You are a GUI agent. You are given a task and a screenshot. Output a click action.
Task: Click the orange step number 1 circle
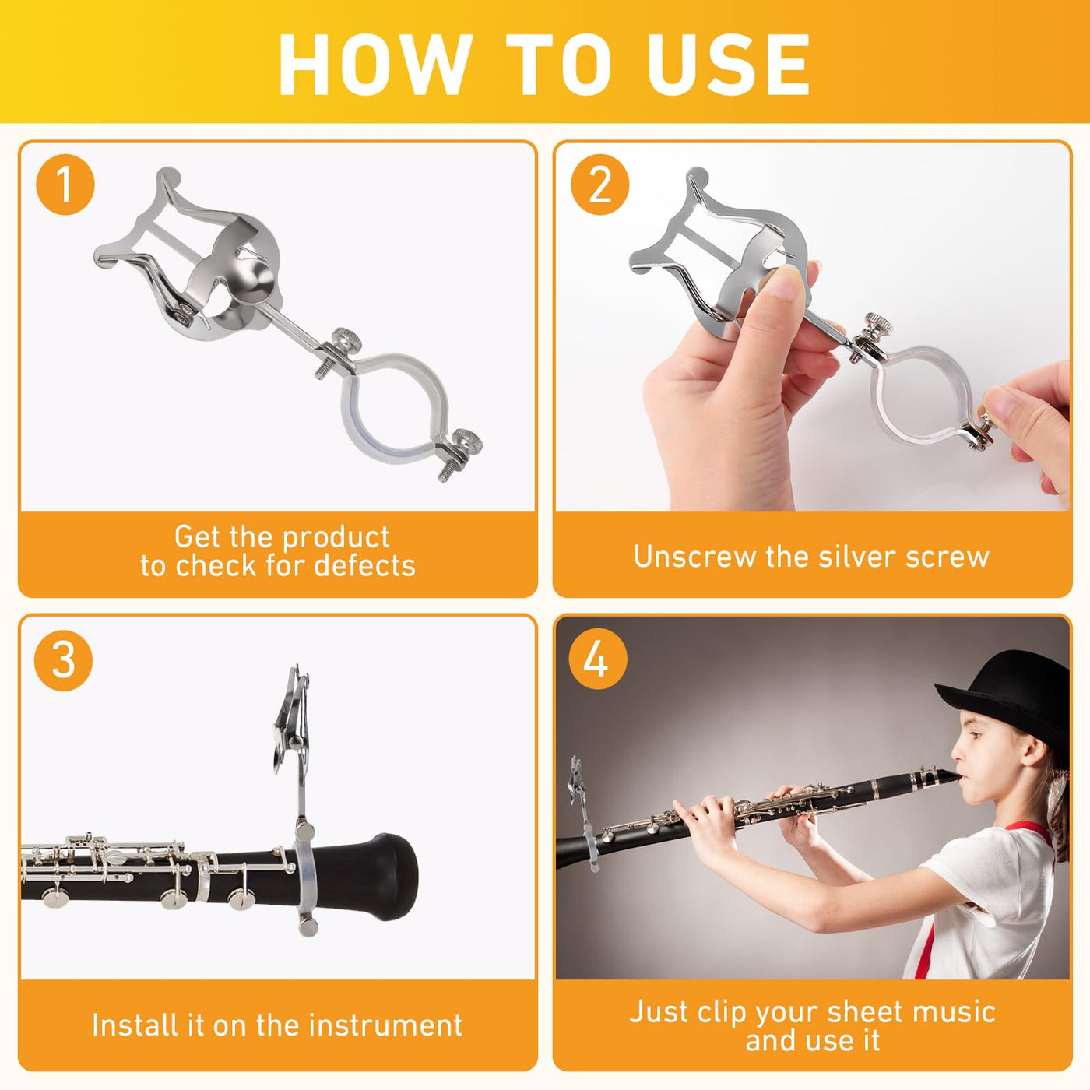65,185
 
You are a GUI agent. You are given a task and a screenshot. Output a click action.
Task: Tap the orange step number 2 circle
599,185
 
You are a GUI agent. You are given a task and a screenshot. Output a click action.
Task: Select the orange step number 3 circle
63,660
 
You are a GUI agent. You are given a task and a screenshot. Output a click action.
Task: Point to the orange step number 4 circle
597,659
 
